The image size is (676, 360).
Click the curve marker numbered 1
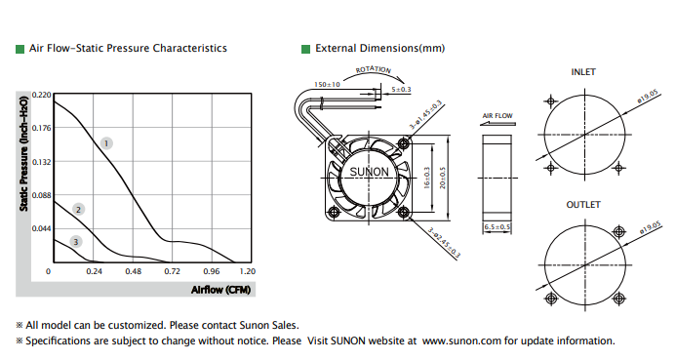106,143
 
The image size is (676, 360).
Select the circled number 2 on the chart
78,210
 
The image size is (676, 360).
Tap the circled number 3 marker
76,242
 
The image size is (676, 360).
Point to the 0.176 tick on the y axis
41,128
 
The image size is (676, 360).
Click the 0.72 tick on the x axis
172,271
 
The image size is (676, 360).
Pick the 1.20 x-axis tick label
248,271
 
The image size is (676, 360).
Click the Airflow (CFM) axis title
220,290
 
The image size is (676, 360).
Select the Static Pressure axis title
23,154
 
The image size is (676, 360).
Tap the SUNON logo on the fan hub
369,172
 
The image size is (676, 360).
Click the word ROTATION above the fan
374,69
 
